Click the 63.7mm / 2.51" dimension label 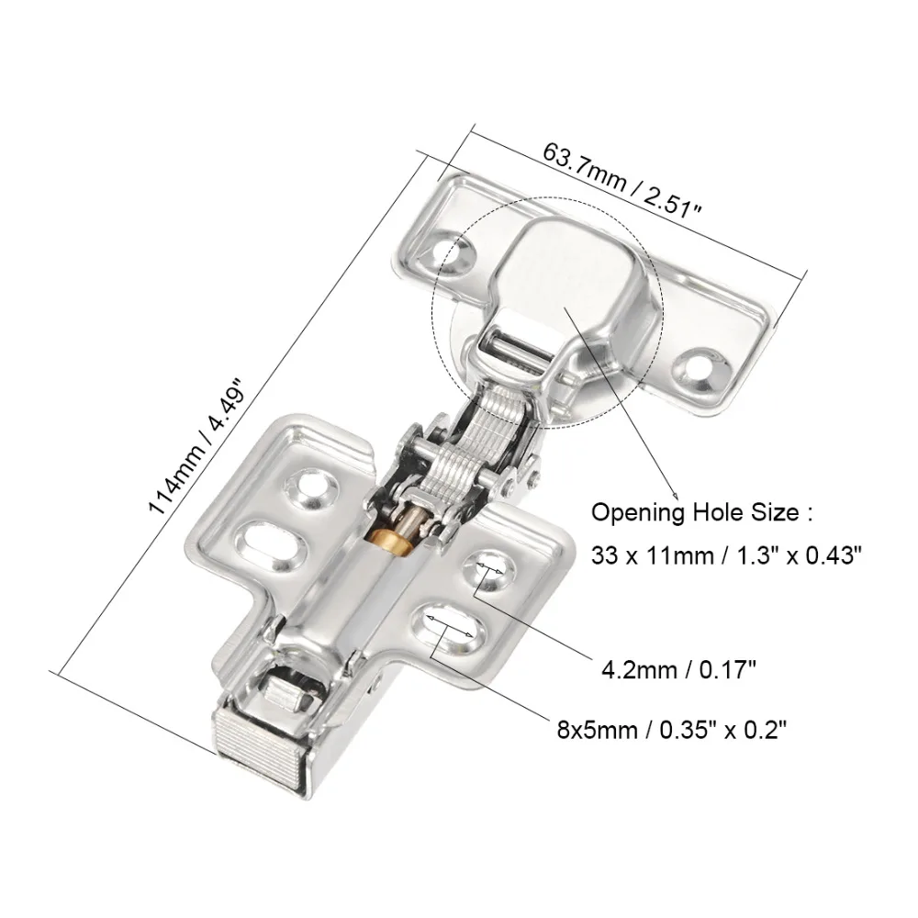tap(622, 180)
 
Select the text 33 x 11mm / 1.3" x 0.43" tap(726, 554)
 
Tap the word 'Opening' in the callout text tap(625, 512)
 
